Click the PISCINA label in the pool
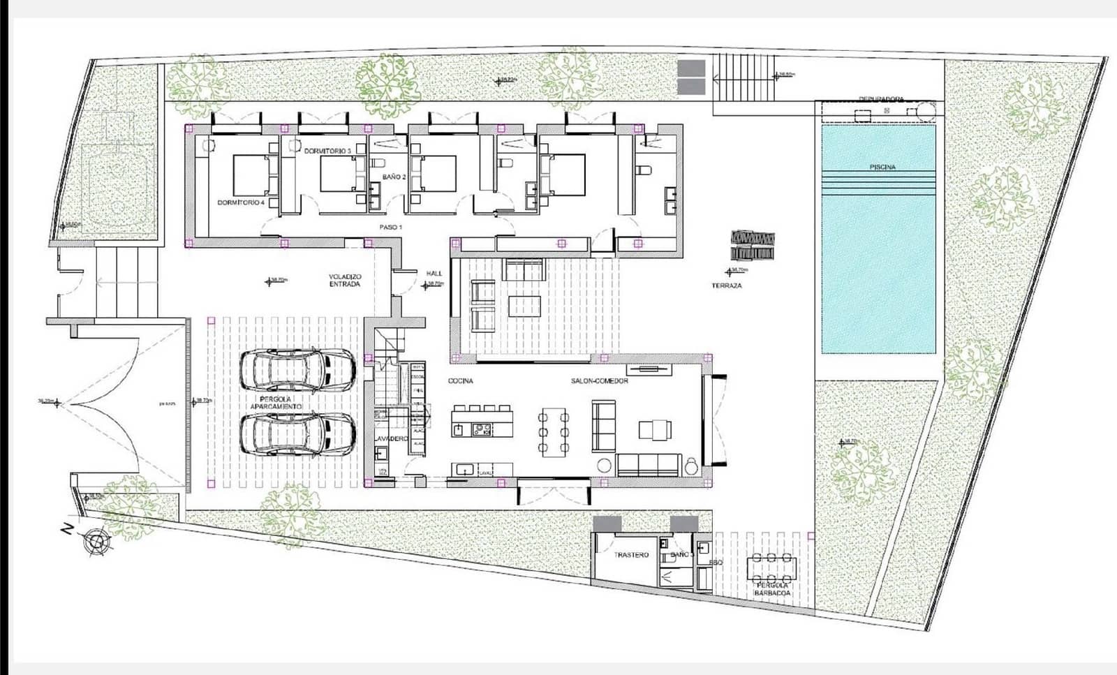(x=882, y=168)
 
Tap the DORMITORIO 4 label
(x=241, y=202)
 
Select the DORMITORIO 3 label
(x=325, y=150)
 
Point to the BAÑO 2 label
(x=394, y=177)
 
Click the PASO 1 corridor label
(x=391, y=228)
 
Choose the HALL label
(x=434, y=274)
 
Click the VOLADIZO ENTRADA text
(x=345, y=281)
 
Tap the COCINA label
(x=461, y=381)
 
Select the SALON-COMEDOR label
(x=600, y=381)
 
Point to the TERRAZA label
(x=727, y=285)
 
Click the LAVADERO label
(x=391, y=438)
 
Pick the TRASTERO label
(x=631, y=555)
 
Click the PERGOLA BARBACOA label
(x=772, y=589)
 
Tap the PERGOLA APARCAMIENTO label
(x=276, y=403)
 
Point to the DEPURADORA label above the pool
(x=881, y=100)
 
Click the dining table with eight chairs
(x=554, y=433)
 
